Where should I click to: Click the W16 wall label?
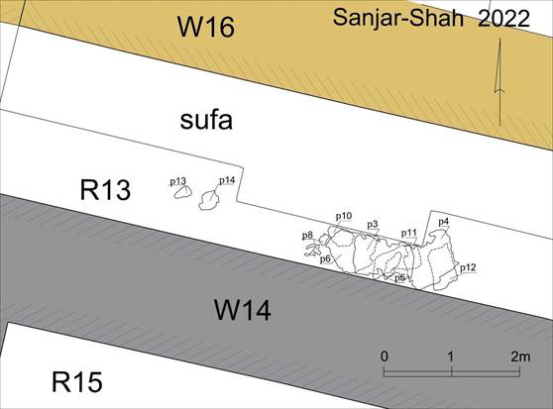[206, 27]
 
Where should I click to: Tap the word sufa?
[206, 120]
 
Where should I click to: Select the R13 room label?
[105, 190]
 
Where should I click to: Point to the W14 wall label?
[243, 310]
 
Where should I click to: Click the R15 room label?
[77, 382]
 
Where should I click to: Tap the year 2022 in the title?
[503, 18]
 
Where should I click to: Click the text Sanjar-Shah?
[398, 17]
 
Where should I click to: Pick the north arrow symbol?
[499, 82]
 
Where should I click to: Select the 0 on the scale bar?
[385, 357]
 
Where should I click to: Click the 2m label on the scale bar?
[520, 357]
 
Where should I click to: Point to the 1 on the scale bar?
[450, 357]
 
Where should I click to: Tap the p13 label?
[178, 181]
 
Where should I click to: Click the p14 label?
[227, 180]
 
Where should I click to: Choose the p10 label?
[344, 216]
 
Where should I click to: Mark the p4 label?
[443, 222]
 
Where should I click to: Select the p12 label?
[468, 267]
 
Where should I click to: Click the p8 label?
[307, 235]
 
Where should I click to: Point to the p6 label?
[325, 259]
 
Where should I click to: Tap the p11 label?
[408, 233]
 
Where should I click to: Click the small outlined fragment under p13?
[183, 192]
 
